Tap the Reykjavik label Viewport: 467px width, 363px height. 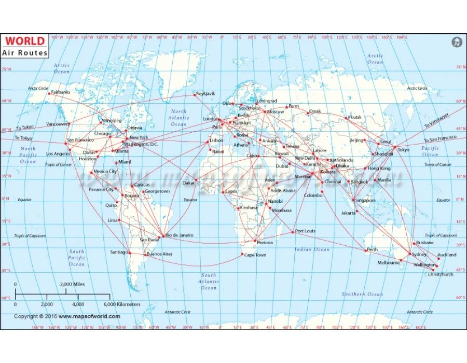pyautogui.click(x=205, y=93)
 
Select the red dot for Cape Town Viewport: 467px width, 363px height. pyautogui.click(x=242, y=254)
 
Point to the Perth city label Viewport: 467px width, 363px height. pyautogui.click(x=372, y=249)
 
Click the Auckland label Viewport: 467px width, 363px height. pyautogui.click(x=447, y=255)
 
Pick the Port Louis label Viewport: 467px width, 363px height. pyautogui.click(x=305, y=231)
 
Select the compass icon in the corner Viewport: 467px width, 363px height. pyautogui.click(x=457, y=42)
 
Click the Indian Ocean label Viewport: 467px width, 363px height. pyautogui.click(x=312, y=249)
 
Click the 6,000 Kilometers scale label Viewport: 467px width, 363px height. pyautogui.click(x=122, y=304)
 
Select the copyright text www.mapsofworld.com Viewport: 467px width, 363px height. pyautogui.click(x=89, y=316)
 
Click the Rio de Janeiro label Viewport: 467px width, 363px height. pyautogui.click(x=180, y=235)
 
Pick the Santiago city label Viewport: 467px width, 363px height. pyautogui.click(x=119, y=252)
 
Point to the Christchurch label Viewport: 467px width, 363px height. pyautogui.click(x=441, y=274)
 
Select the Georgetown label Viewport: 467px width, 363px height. pyautogui.click(x=157, y=191)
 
